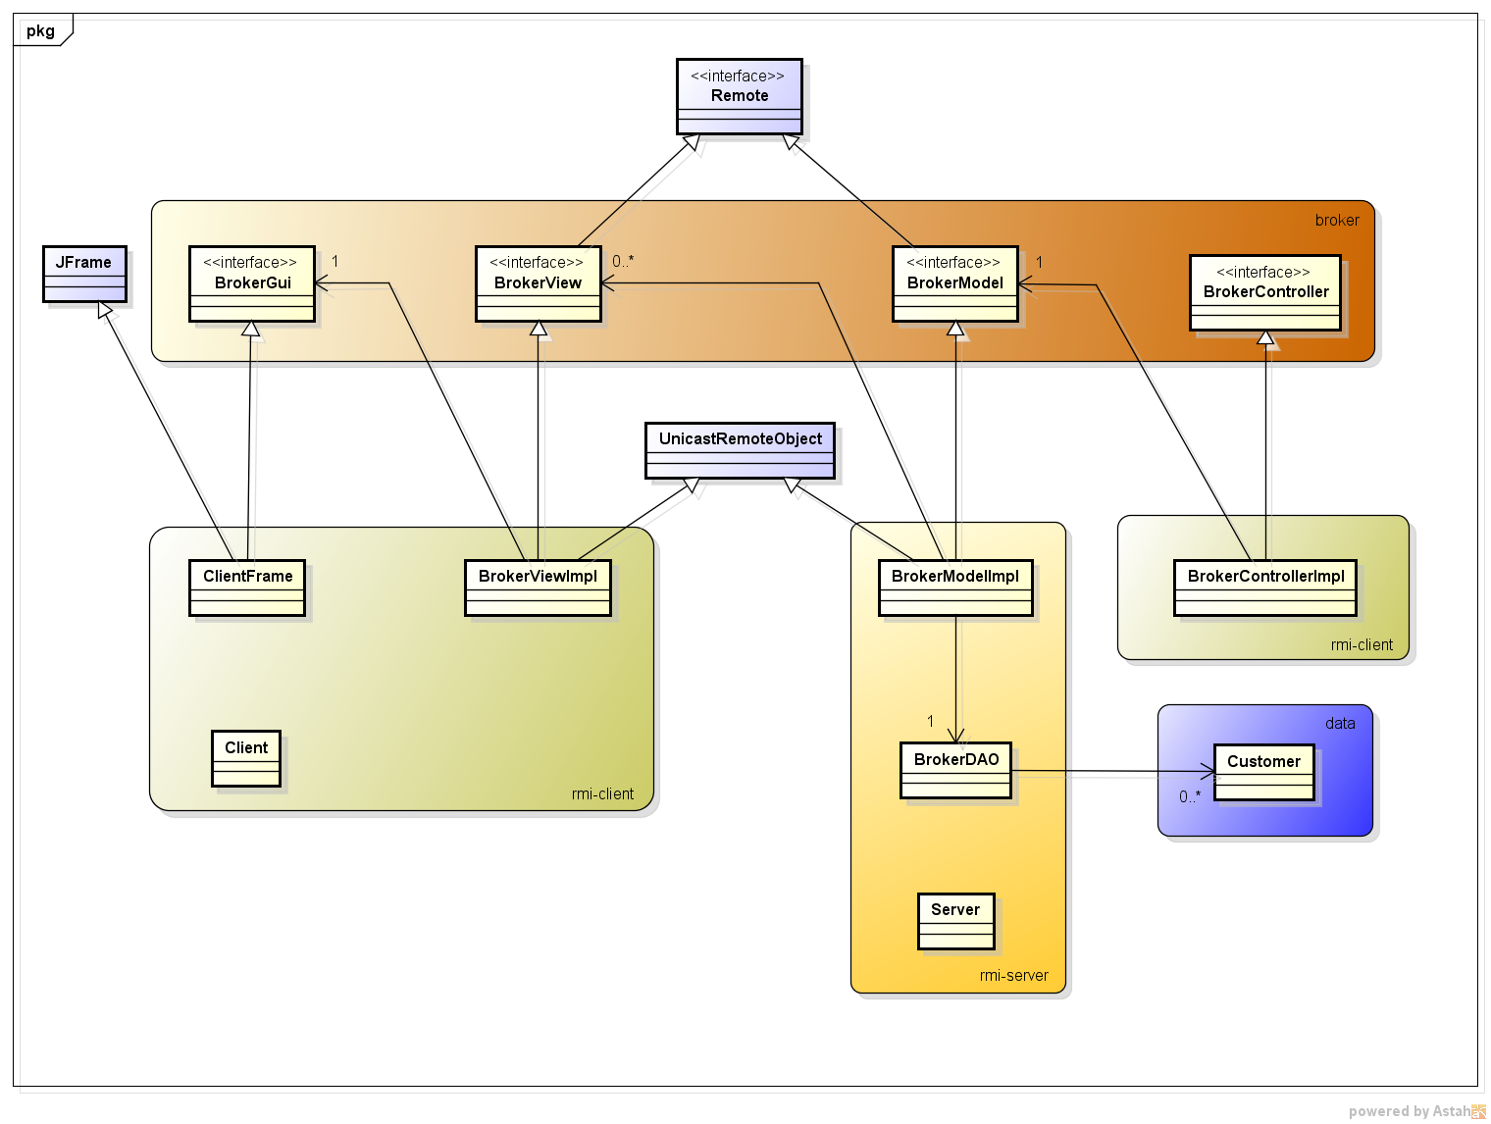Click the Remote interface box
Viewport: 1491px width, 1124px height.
pos(739,96)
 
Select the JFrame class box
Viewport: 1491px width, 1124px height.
pos(84,274)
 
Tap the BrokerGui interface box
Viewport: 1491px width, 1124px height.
pos(252,283)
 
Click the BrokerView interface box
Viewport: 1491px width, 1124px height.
pos(538,283)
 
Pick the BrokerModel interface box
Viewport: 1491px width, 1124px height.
pos(954,283)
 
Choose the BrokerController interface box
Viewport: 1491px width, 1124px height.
pos(1264,292)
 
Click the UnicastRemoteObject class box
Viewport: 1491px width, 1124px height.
pos(740,450)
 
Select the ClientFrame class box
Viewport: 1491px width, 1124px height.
pos(247,588)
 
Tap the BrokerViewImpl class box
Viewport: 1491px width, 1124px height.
pos(538,588)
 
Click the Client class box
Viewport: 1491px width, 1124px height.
pos(246,758)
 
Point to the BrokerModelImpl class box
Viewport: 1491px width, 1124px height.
pos(954,588)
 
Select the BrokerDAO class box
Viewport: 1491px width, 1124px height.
pos(955,770)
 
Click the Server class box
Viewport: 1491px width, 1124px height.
pos(955,921)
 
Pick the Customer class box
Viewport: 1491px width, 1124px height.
pos(1263,772)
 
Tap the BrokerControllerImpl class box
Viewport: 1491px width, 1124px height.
pos(1264,588)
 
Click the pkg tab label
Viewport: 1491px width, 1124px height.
pos(40,30)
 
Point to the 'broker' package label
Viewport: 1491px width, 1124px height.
pos(1336,220)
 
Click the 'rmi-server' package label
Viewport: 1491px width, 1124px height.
pos(1013,975)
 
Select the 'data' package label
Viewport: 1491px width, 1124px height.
pos(1339,723)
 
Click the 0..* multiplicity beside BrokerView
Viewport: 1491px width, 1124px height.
pos(623,261)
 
